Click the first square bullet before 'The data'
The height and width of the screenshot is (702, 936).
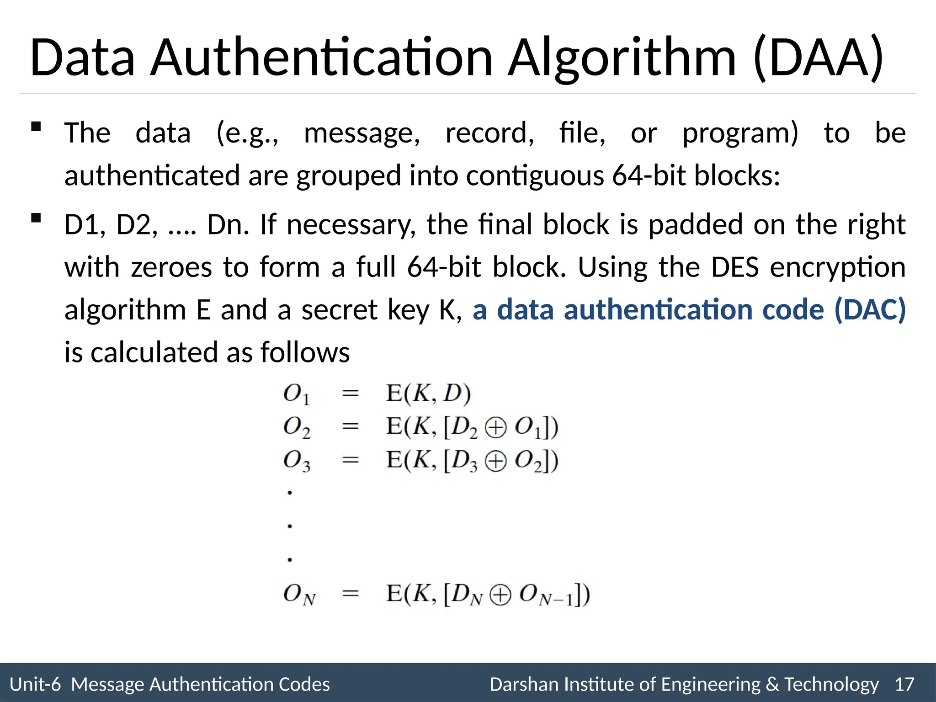pyautogui.click(x=36, y=127)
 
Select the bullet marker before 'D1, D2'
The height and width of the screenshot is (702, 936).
pyautogui.click(x=36, y=218)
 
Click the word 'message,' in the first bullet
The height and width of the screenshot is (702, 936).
pyautogui.click(x=362, y=133)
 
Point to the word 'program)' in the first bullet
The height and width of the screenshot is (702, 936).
pyautogui.click(x=740, y=133)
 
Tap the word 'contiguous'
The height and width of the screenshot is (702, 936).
pyautogui.click(x=535, y=176)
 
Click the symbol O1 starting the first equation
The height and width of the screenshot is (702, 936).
pyautogui.click(x=296, y=394)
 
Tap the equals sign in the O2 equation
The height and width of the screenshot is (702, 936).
pyautogui.click(x=351, y=426)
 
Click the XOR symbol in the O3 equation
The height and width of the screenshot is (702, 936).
pyautogui.click(x=495, y=461)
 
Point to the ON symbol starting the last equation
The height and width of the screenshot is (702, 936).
pyautogui.click(x=299, y=595)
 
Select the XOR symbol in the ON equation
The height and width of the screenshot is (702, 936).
pyautogui.click(x=500, y=595)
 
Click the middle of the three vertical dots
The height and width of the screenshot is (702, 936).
pyautogui.click(x=290, y=526)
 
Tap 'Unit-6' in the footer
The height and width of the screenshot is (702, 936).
pyautogui.click(x=35, y=684)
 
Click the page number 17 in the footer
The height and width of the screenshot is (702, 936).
pyautogui.click(x=904, y=684)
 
